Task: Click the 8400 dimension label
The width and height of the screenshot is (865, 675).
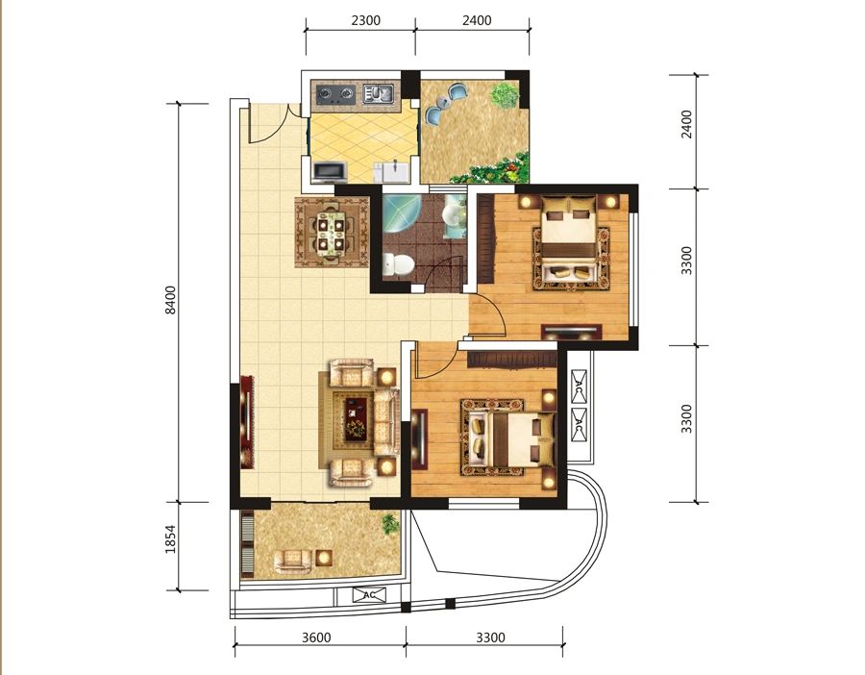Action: click(171, 300)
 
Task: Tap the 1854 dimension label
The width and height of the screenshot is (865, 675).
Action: click(171, 539)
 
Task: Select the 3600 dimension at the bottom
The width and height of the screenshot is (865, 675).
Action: click(316, 638)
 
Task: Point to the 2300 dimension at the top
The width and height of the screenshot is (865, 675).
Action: click(366, 20)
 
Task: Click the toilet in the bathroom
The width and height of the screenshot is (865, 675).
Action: click(398, 264)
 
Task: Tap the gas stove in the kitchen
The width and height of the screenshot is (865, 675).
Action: click(334, 94)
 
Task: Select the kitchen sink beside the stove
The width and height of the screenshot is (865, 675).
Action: click(378, 94)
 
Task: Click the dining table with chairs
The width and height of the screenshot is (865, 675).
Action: click(331, 233)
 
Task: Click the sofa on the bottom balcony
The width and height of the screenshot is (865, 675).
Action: click(292, 561)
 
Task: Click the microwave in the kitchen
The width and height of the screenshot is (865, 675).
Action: click(330, 172)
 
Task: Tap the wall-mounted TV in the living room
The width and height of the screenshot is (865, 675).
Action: click(245, 422)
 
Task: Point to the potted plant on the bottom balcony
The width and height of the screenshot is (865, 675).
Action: click(390, 523)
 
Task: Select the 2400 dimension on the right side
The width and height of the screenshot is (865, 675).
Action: click(686, 125)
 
